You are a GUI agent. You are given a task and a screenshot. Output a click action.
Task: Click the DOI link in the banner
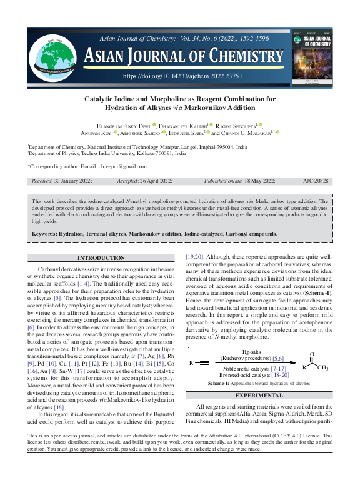click(182, 76)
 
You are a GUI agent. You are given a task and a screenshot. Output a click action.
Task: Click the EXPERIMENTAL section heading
click(258, 395)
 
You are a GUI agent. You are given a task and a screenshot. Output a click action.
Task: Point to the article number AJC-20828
click(317, 181)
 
